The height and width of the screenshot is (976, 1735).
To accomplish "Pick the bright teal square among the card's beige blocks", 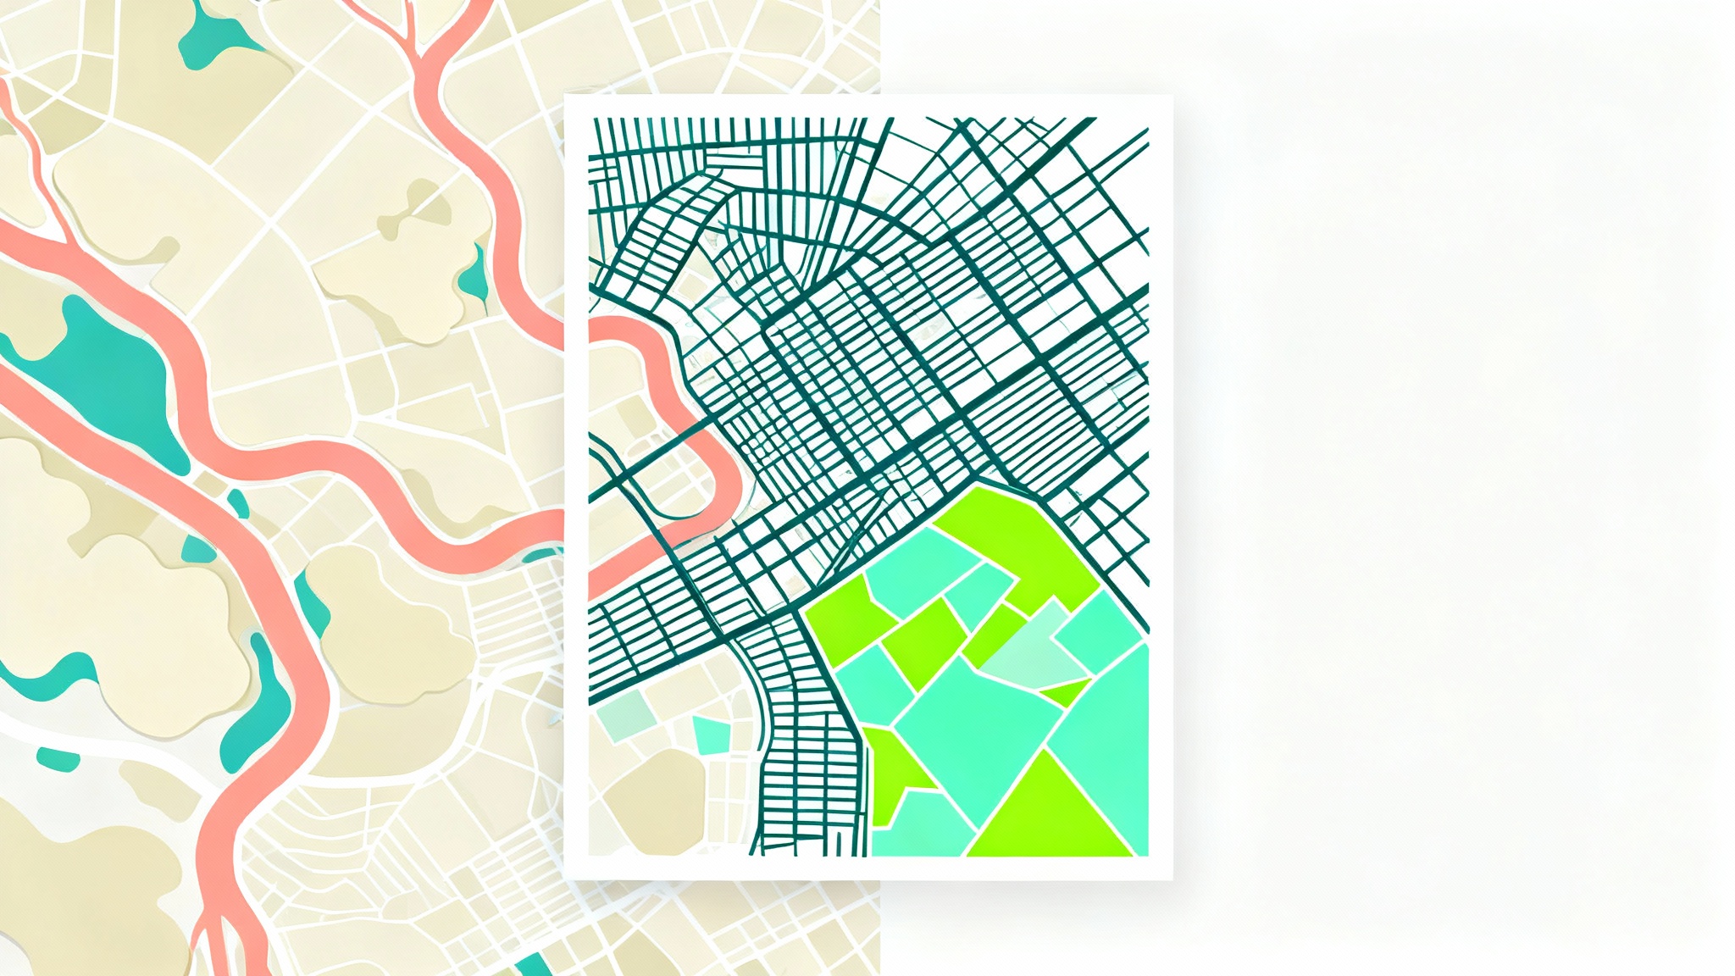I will [x=711, y=734].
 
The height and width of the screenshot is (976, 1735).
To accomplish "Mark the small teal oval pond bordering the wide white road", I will [x=58, y=759].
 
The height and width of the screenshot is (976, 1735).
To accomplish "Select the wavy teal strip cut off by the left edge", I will [x=42, y=669].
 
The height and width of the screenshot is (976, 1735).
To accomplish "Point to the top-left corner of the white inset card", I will [x=565, y=96].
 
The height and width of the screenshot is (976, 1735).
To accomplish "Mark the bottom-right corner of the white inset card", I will [x=1172, y=879].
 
